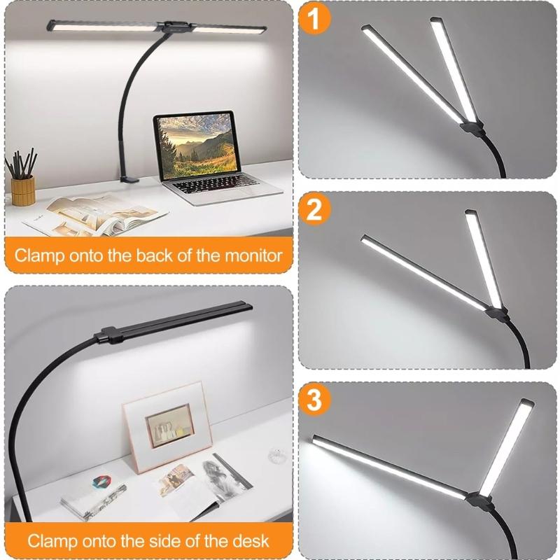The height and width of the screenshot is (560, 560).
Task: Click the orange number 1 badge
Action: pyautogui.click(x=314, y=19)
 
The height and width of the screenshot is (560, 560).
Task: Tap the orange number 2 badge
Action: pyautogui.click(x=314, y=209)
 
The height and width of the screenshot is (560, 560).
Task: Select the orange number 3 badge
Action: pyautogui.click(x=314, y=400)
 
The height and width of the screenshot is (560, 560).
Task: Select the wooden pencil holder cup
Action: pyautogui.click(x=22, y=190)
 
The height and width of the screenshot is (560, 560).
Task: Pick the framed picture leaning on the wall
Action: pyautogui.click(x=168, y=426)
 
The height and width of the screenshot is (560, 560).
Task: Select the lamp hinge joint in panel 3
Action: pyautogui.click(x=480, y=499)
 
